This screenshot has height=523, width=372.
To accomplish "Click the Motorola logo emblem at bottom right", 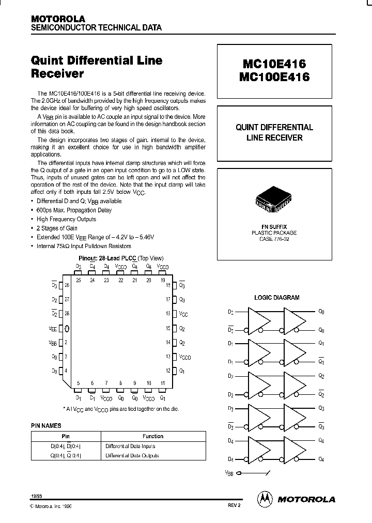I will click(x=265, y=499).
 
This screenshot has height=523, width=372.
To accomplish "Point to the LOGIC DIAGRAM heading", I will click(x=277, y=298).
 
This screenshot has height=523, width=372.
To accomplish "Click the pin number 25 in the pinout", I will click(x=78, y=280).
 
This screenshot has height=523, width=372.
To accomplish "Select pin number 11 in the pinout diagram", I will click(x=162, y=383).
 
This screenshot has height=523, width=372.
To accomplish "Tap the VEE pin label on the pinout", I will click(x=53, y=328).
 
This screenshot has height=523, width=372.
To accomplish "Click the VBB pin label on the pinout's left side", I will click(x=53, y=342).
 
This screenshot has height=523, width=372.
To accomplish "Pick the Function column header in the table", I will click(x=153, y=436).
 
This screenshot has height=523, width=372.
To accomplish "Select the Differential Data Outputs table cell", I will click(x=132, y=455).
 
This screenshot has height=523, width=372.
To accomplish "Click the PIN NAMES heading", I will click(x=46, y=425).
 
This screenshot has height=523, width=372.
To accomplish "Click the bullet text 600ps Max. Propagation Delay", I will click(x=74, y=210).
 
